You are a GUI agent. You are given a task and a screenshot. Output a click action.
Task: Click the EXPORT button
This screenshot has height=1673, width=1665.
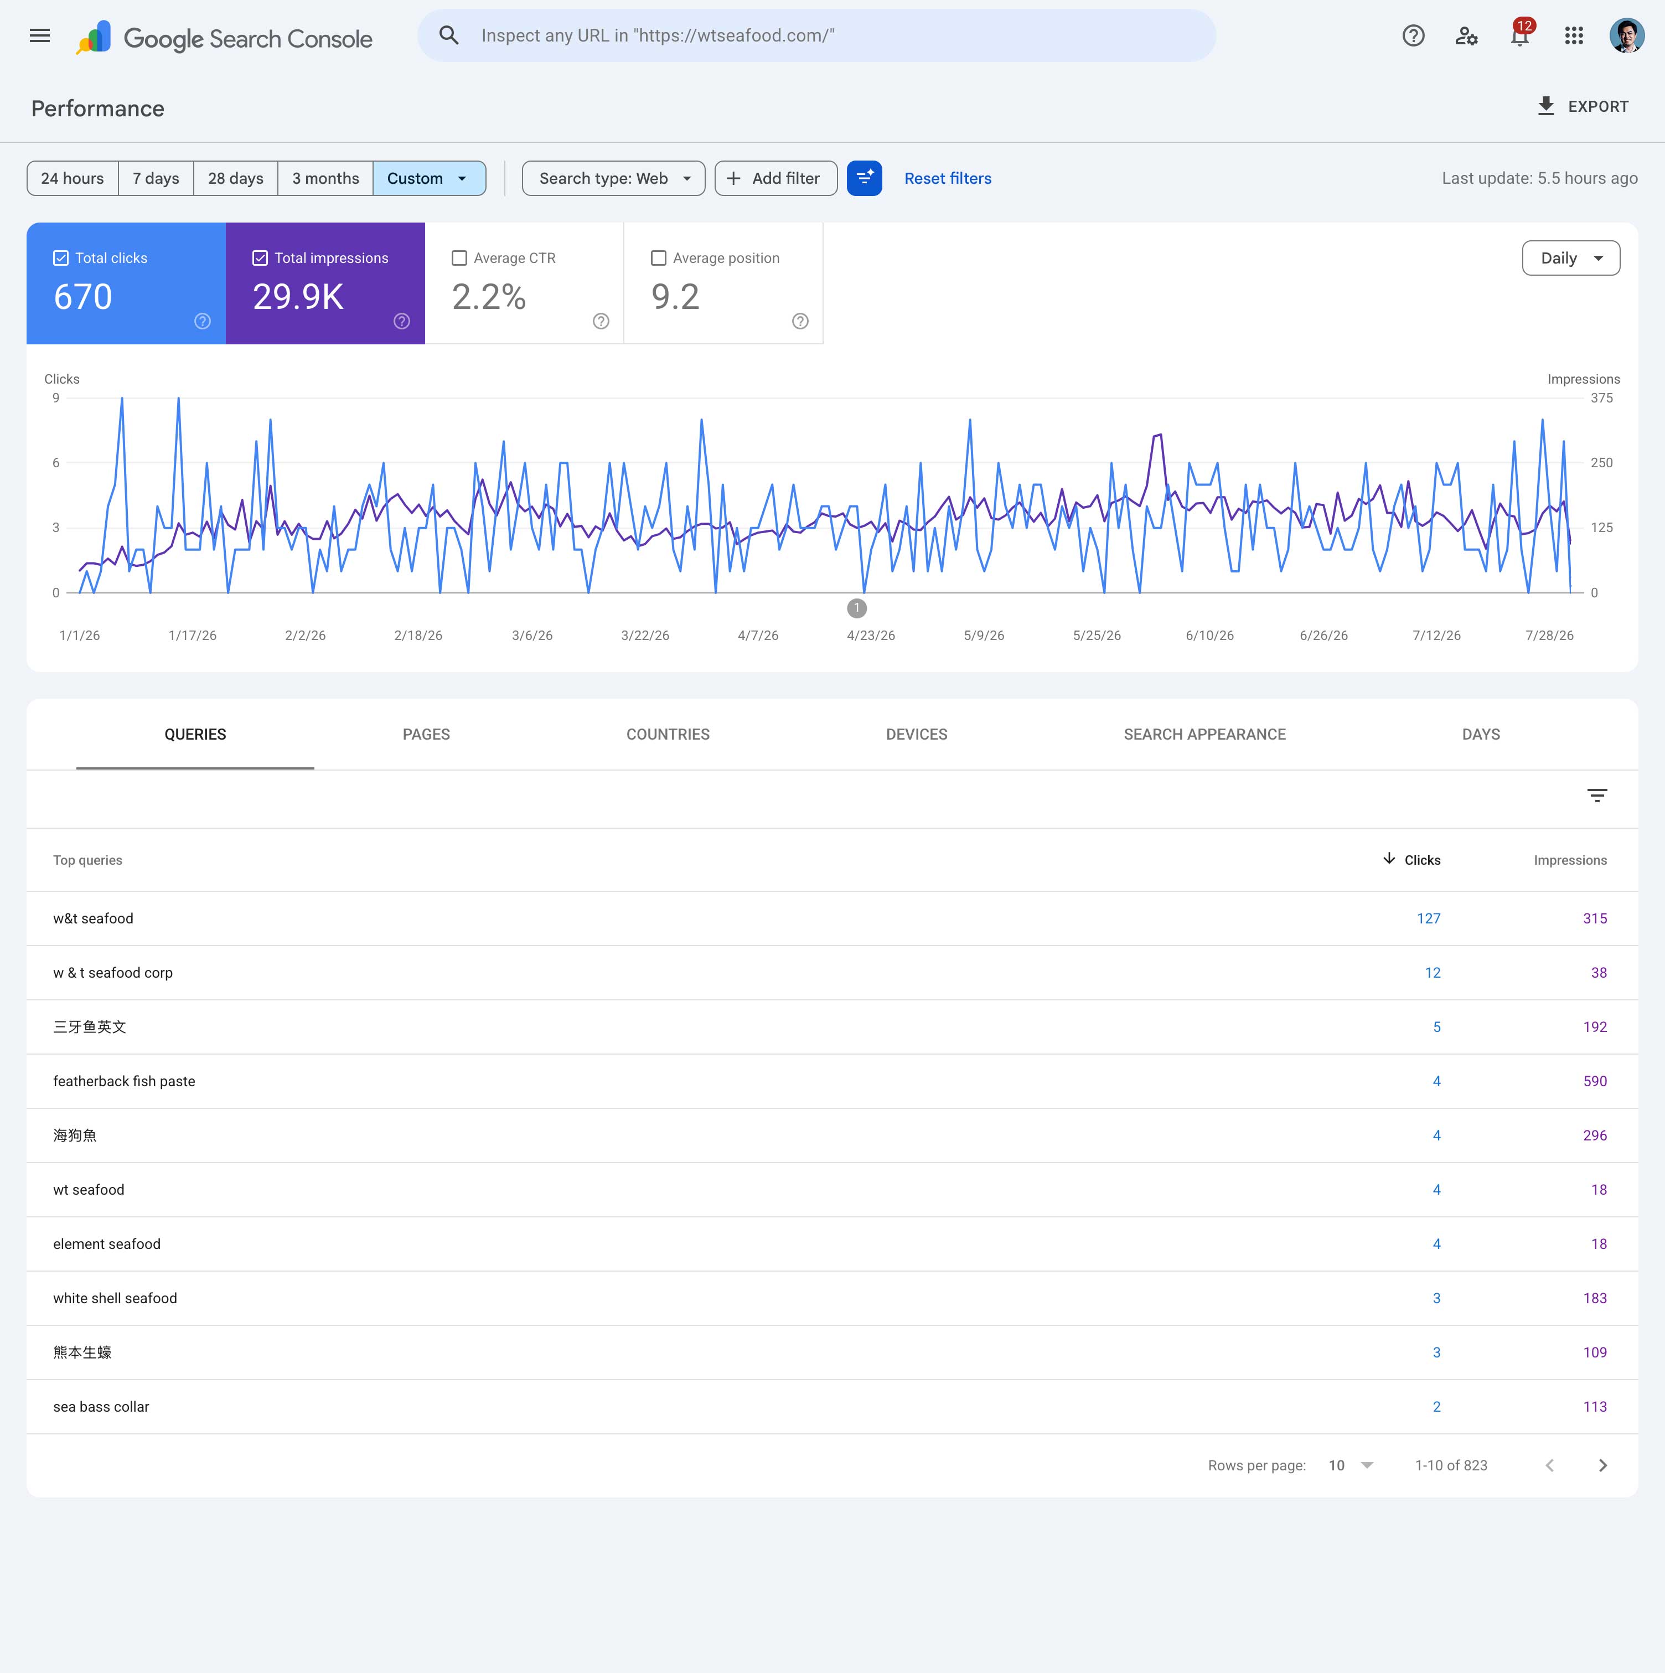tap(1583, 106)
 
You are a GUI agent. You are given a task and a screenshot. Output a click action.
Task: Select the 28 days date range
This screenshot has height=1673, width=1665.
tap(235, 178)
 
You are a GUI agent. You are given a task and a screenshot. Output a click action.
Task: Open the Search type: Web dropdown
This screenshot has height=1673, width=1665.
tap(613, 178)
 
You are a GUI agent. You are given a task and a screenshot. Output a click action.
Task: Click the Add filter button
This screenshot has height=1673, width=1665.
tap(776, 178)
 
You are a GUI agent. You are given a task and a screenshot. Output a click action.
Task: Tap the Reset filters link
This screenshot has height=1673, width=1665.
tap(948, 178)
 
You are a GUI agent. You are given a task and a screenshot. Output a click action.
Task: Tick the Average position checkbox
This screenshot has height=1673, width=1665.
tap(659, 258)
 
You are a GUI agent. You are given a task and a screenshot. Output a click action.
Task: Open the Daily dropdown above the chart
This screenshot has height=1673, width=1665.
tap(1570, 258)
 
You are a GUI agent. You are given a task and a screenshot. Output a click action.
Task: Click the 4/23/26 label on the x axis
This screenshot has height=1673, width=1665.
tap(871, 636)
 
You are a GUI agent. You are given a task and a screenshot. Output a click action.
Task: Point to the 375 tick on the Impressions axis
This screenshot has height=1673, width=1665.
tap(1602, 399)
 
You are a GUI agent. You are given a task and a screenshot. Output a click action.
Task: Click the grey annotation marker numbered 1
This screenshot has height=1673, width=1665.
tap(857, 608)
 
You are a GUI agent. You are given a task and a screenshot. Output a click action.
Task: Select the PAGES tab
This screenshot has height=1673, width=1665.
tap(426, 734)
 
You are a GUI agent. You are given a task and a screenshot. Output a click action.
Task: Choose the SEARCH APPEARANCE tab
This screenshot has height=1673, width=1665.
tap(1204, 734)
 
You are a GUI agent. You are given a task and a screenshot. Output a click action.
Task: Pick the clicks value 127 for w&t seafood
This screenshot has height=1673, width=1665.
tap(1429, 919)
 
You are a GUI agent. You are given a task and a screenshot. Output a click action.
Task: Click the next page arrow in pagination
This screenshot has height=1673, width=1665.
tap(1602, 1465)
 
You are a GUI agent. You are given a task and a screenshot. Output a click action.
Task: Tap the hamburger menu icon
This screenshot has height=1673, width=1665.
tap(40, 35)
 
